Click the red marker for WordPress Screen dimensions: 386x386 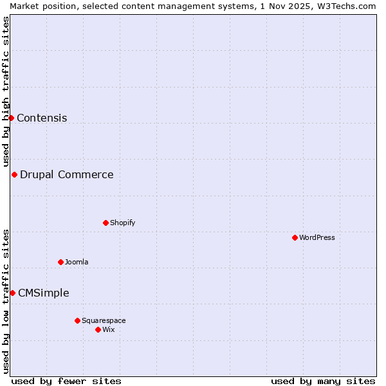pos(295,237)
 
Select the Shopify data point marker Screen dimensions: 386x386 pos(106,223)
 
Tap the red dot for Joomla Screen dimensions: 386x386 pos(60,262)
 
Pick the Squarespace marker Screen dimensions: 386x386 pos(77,320)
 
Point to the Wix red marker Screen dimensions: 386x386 pos(98,329)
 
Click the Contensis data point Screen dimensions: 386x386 pos(11,118)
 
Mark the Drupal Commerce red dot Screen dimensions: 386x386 pos(14,174)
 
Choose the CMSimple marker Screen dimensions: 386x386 pos(12,293)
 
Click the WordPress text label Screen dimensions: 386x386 pos(317,237)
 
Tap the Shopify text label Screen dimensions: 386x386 pos(122,223)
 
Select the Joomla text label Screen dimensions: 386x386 pos(77,262)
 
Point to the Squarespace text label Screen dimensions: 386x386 pos(104,320)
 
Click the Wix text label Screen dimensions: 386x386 pos(109,329)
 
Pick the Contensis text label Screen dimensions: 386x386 pos(42,118)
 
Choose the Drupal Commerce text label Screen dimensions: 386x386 pos(67,174)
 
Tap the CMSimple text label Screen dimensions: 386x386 pos(44,293)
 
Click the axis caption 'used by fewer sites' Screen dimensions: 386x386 pos(66,381)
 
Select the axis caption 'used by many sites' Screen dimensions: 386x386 pos(323,381)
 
